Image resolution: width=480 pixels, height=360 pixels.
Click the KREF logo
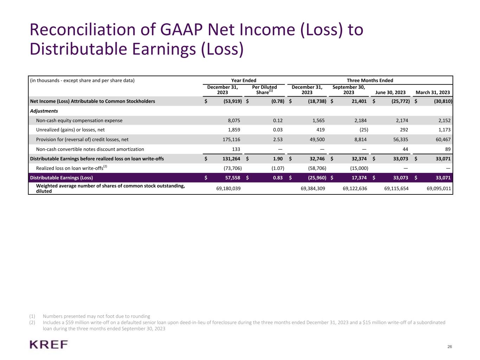click(49, 344)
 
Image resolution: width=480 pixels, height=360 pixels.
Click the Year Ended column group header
click(243, 81)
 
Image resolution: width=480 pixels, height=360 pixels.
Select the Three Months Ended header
click(370, 81)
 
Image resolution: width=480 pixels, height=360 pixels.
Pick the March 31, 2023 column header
click(433, 92)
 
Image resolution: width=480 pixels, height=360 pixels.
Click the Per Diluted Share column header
click(264, 90)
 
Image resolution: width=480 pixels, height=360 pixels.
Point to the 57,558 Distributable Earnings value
click(232, 178)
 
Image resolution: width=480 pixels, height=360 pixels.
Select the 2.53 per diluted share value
click(277, 140)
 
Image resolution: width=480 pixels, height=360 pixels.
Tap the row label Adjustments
click(44, 111)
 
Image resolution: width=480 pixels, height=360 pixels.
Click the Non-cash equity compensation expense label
click(79, 121)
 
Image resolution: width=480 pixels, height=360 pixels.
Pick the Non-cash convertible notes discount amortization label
click(90, 149)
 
